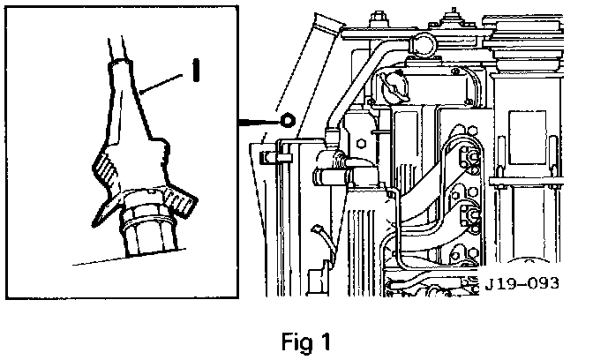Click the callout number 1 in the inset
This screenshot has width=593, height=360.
(196, 70)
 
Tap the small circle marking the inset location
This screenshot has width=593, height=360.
(288, 120)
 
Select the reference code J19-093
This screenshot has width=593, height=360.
(522, 283)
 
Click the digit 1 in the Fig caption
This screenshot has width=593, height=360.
(325, 341)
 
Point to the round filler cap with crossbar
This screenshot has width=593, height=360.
(394, 86)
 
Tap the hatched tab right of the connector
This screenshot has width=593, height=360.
(179, 201)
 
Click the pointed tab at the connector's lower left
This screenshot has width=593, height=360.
(103, 213)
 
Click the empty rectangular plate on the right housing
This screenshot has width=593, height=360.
(527, 138)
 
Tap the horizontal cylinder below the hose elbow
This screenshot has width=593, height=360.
(333, 176)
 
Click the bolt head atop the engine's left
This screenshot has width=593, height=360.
(377, 18)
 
